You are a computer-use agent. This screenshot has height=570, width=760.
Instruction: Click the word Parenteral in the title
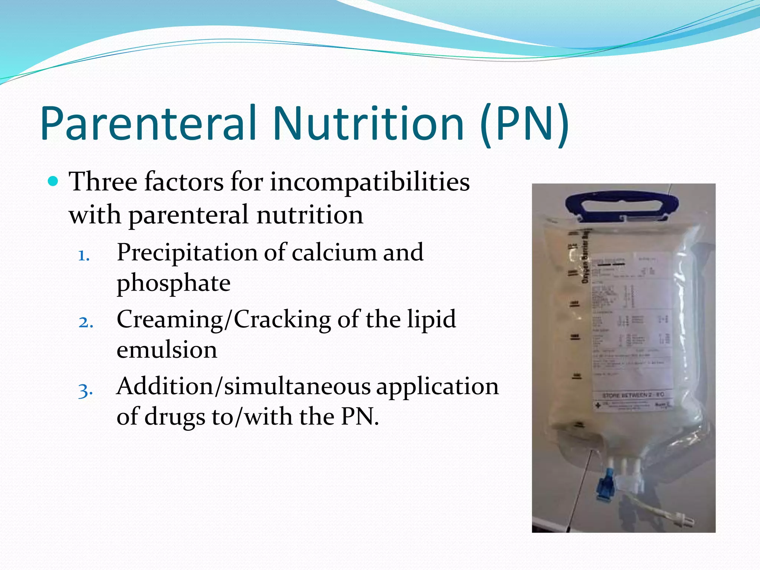point(148,124)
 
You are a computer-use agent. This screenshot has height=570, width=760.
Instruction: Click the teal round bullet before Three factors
point(54,181)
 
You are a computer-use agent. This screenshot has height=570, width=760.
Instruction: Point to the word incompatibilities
point(370,182)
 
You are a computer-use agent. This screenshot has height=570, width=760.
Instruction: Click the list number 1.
point(84,256)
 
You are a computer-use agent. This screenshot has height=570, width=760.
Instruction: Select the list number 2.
point(85,322)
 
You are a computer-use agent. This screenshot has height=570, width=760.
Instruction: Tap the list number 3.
point(85,390)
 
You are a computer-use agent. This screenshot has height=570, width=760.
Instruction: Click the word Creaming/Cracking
point(224,320)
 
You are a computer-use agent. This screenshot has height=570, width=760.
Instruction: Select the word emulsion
point(167,350)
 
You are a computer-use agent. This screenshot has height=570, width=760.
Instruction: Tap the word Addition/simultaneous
point(243,386)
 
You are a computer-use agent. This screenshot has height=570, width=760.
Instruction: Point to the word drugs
point(174,416)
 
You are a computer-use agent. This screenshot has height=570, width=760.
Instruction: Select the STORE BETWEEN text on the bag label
point(633,394)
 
